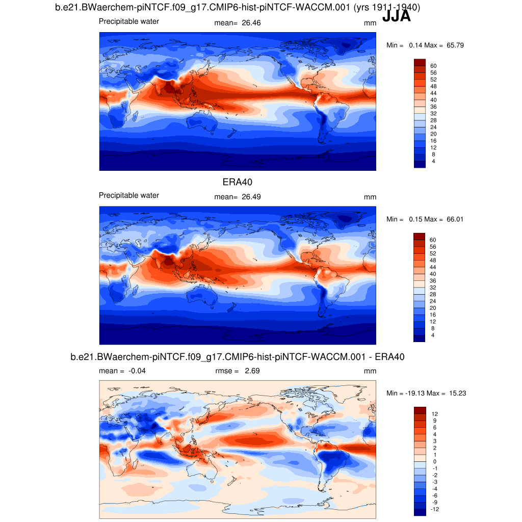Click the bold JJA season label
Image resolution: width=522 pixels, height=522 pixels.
[x=396, y=16]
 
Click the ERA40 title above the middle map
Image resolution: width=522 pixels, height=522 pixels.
[x=238, y=182]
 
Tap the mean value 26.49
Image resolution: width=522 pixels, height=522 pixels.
[x=250, y=197]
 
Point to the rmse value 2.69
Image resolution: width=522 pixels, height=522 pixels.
[x=251, y=371]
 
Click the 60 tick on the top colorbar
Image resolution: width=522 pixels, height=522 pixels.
[x=433, y=66]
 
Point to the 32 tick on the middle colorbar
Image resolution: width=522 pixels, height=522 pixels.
[x=433, y=288]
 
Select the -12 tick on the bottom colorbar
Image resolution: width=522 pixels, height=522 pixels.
[x=434, y=509]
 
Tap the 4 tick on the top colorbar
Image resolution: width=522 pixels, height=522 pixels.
[x=433, y=161]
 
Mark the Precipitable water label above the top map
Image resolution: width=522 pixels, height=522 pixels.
[x=128, y=21]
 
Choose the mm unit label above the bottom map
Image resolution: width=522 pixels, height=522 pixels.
[x=370, y=371]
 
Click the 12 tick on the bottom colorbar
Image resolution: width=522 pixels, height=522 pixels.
[x=434, y=414]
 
